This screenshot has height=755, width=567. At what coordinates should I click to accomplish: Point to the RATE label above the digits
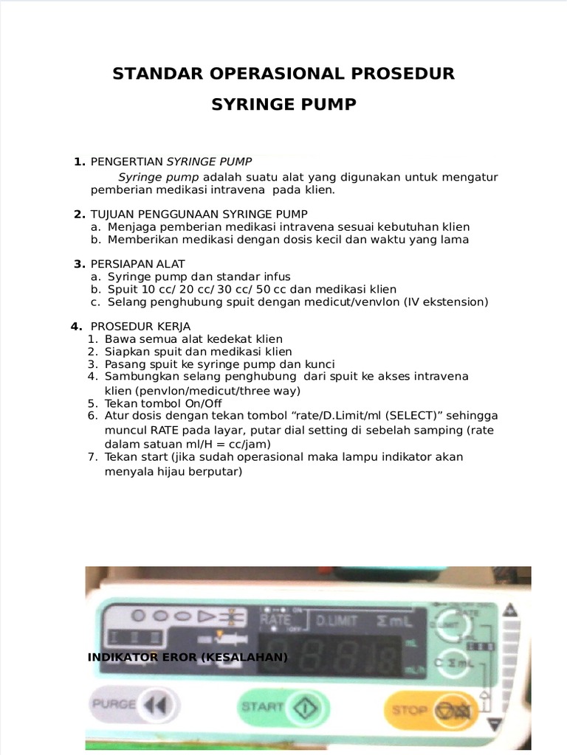coord(275,620)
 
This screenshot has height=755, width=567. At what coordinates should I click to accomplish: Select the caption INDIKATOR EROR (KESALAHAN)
coord(188,657)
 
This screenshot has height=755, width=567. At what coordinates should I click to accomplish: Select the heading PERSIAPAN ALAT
coord(138,264)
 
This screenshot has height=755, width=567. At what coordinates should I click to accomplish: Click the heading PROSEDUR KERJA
coord(140,326)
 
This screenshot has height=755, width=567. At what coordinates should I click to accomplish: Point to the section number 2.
coord(79,214)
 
